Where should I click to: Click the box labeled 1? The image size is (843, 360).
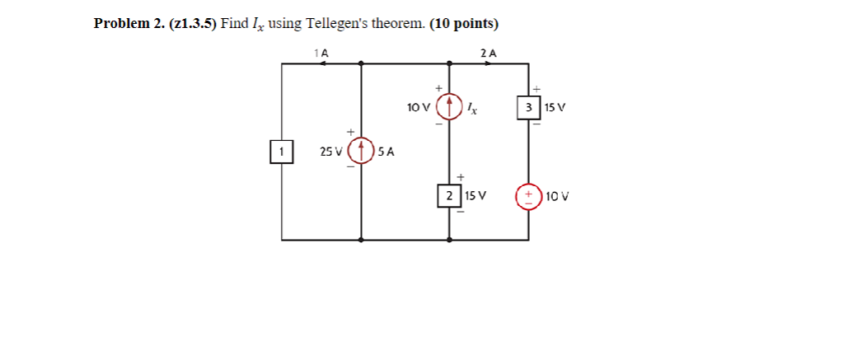pos(282,152)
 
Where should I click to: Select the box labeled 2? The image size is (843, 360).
pos(449,196)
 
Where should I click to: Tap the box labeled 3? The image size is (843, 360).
pos(528,107)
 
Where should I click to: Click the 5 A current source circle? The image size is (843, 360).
pos(361,152)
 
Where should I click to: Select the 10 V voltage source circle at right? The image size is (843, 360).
pos(528,197)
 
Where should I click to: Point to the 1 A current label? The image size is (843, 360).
pos(321,53)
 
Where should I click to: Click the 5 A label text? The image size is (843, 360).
pos(386,152)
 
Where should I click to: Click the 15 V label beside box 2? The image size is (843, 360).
pos(475,196)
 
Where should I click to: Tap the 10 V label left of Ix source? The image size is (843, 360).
pos(419,107)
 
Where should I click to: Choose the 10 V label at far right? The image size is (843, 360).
pos(557,197)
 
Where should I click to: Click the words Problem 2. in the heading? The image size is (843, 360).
pos(129,23)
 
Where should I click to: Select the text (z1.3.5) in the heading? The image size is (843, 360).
pos(193,23)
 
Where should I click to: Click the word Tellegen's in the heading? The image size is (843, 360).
pos(335,23)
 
